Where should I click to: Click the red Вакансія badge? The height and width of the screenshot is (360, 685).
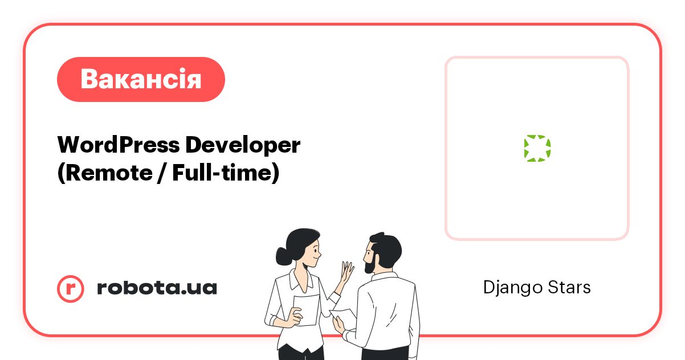pos(141,79)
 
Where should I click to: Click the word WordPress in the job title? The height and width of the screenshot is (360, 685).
pos(117,145)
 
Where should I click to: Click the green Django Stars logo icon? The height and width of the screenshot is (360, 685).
pos(537,148)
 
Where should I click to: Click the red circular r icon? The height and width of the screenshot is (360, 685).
pos(71,288)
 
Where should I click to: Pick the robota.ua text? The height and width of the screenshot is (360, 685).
pos(157,288)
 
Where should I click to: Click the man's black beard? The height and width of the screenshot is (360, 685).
pos(370,263)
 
